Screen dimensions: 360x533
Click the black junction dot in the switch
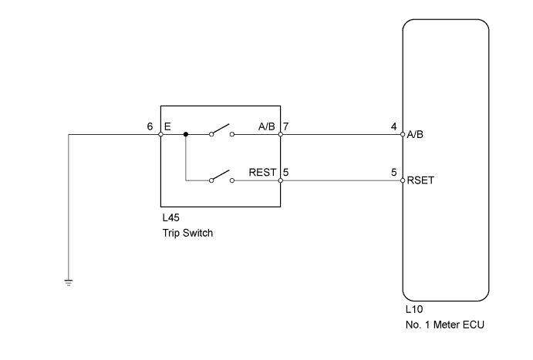coord(186,134)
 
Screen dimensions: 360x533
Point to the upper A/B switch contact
coord(221,131)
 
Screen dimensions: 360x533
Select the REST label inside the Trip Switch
coord(263,173)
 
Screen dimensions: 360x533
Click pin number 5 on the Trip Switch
coord(286,173)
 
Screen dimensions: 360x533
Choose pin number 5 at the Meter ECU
coord(395,173)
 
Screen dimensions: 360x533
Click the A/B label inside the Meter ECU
coord(416,134)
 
